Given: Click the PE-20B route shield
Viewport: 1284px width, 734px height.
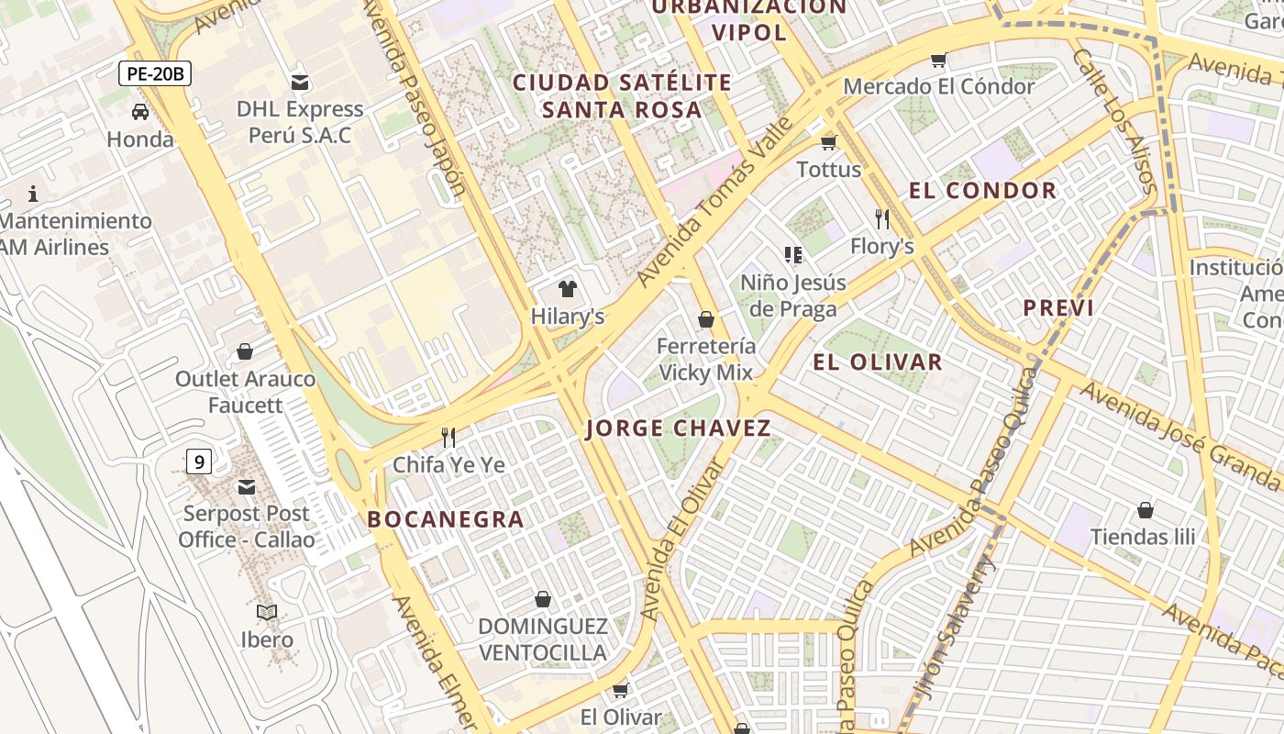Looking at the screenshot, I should coord(154,73).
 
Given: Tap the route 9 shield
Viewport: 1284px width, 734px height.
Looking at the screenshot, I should coord(199,462).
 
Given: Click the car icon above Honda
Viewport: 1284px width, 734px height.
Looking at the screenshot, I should coord(139,112).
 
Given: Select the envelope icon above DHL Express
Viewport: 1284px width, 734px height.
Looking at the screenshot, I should coord(299,82).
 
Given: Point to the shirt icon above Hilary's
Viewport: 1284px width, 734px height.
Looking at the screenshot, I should coord(568,289).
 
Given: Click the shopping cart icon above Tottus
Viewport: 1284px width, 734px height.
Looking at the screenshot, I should coord(829,142).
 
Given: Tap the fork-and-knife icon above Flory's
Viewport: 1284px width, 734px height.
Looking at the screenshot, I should coord(882,219).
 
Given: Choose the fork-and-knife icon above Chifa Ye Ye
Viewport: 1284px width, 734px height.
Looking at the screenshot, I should coord(448,437).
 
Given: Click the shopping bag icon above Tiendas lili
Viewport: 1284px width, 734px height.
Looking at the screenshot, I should coord(1145,510).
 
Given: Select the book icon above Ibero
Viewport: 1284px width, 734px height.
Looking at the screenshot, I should coord(267,612).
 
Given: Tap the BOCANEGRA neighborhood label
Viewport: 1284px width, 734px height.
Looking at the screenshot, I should coord(446,519).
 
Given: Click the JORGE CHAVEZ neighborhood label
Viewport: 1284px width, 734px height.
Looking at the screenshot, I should coord(678,428).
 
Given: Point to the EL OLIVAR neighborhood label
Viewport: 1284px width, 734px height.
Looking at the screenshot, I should coord(877,361).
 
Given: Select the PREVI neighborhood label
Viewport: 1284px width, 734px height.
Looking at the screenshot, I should coord(1058,308).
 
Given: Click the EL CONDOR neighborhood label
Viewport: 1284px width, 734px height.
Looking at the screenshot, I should coord(982,191).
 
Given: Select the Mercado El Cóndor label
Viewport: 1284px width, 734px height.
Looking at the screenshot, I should coord(938,86).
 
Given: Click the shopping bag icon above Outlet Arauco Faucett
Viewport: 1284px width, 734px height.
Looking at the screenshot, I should coord(245,351).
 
